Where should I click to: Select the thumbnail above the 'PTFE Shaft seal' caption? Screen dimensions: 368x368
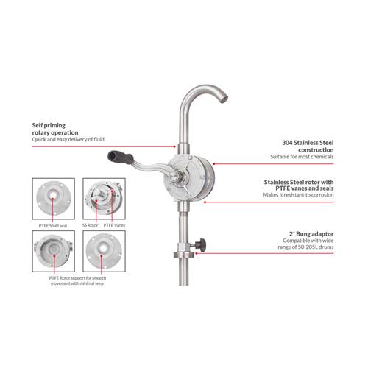[x=53, y=196]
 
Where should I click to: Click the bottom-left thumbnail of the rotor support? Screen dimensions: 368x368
[x=53, y=250]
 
